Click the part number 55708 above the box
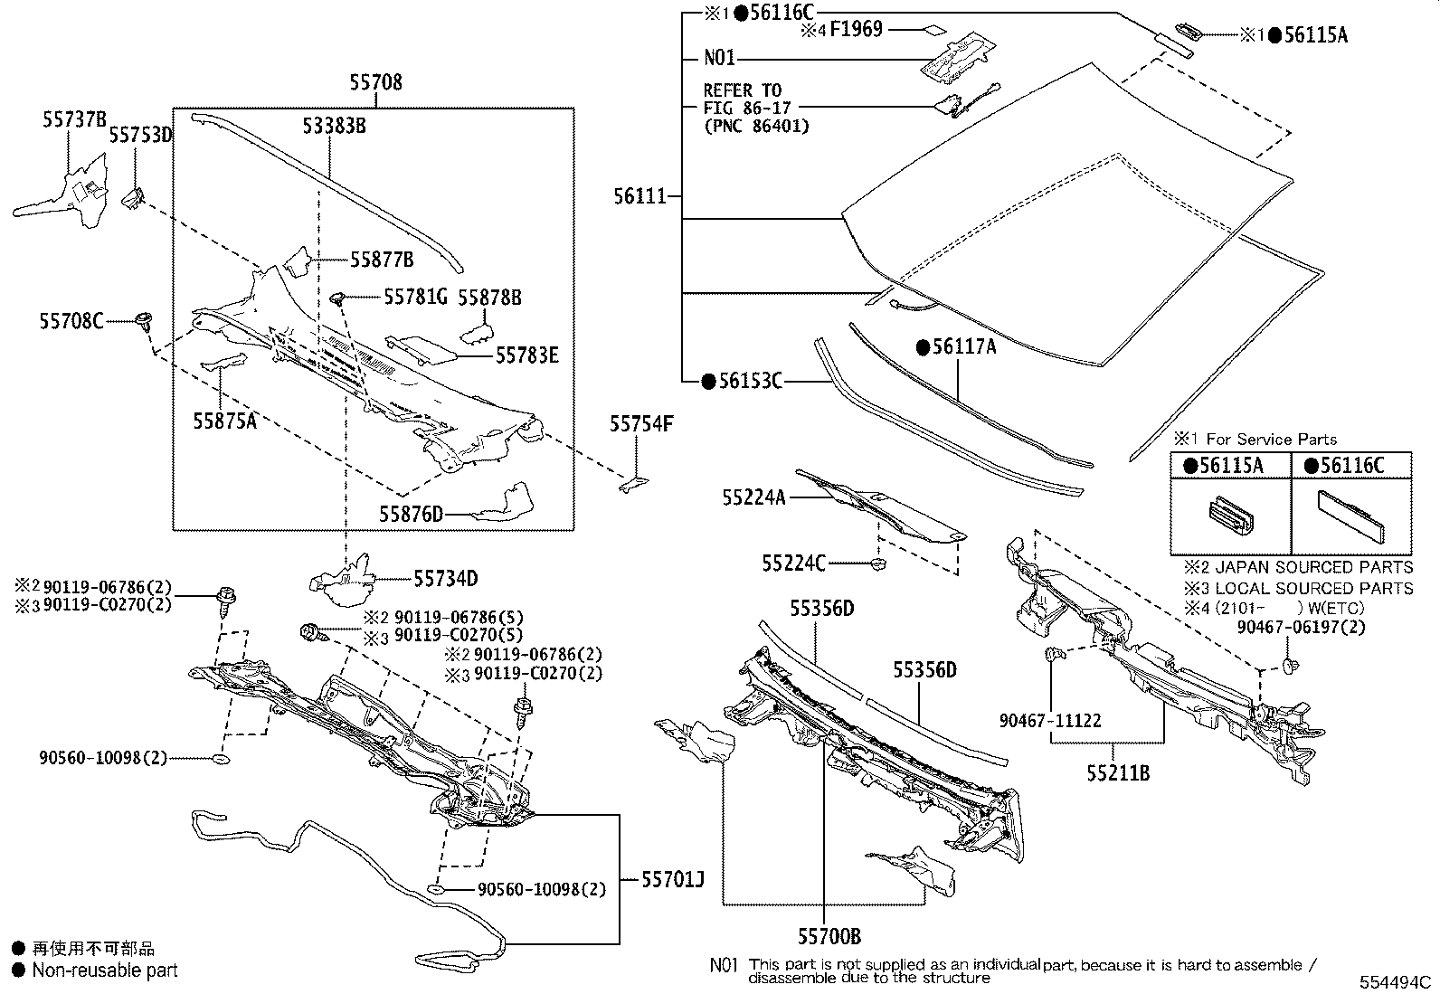pos(375,83)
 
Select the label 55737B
pos(74,118)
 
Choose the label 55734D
pos(446,578)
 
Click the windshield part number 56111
pos(639,196)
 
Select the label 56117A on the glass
pos(962,346)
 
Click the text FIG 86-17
pos(747,108)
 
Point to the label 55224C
pos(793,563)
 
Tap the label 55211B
pos(1118,773)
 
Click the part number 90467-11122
pos(1050,720)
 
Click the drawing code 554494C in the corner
pos(1395,982)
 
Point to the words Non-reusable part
pos(105,970)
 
